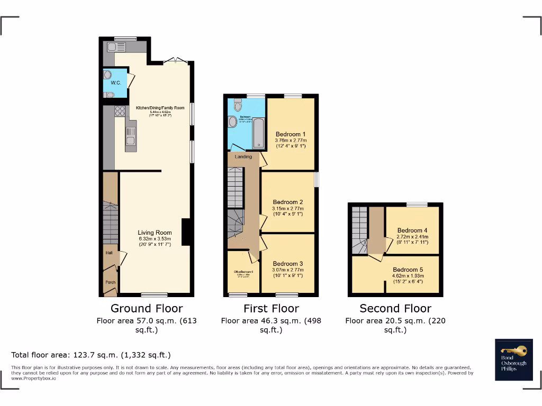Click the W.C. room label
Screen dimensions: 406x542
pos(115,83)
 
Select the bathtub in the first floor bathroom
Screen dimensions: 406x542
pos(258,132)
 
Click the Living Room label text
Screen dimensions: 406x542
pos(155,233)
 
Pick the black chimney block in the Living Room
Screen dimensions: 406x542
pos(186,232)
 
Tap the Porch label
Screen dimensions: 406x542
pos(110,282)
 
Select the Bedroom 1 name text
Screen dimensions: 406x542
pos(291,134)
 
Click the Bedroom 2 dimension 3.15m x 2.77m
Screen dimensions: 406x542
pos(288,208)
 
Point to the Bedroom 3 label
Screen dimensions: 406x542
pos(288,264)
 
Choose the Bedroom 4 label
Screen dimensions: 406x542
pos(412,230)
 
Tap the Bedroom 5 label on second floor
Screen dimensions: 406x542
pos(408,269)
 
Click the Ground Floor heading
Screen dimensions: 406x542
pos(147,308)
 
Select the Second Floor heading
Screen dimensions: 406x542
pos(395,308)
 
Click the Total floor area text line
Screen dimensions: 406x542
pos(91,355)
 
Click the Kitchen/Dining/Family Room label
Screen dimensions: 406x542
pos(160,108)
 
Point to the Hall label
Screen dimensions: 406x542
pos(109,253)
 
